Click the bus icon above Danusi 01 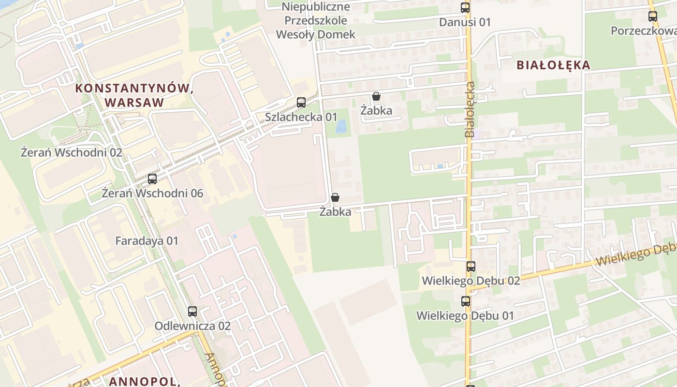tap(465, 8)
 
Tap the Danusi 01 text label tap(465, 22)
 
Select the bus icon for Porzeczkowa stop tap(653, 16)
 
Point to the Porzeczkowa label tap(643, 31)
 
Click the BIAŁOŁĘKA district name tap(554, 65)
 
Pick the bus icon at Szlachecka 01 tap(301, 103)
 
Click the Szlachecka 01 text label tap(301, 117)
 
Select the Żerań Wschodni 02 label tap(71, 153)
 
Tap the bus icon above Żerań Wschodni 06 tap(152, 179)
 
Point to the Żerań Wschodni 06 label tap(152, 193)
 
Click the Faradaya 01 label tap(147, 241)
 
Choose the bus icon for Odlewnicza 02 tap(192, 312)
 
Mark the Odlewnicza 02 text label tap(192, 326)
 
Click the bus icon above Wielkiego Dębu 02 tap(471, 267)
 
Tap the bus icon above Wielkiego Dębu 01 tap(466, 301)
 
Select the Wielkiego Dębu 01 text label tap(465, 316)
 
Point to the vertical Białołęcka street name tap(470, 109)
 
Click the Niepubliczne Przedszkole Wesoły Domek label tap(316, 21)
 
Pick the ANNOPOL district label tap(144, 381)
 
